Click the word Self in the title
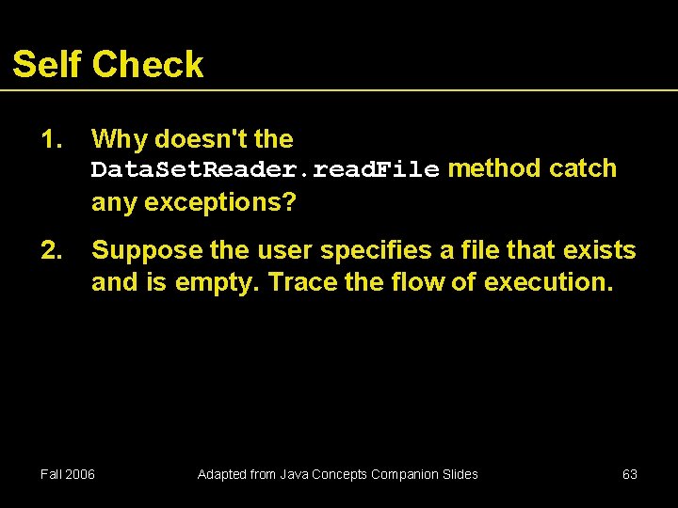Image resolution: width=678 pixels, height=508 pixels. [47, 64]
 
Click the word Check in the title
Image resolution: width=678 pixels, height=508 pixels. [148, 64]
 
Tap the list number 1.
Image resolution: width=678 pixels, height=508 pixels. [51, 139]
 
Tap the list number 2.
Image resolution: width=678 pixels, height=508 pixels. [51, 250]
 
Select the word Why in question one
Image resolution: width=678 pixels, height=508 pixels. [119, 140]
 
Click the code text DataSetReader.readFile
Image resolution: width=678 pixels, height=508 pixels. [265, 169]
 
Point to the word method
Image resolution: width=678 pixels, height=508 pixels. [494, 168]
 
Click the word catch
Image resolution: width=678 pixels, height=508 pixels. [583, 168]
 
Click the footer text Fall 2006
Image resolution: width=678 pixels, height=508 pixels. [68, 474]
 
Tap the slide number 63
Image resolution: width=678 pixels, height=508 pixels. [630, 474]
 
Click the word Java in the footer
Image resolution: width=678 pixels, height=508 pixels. [294, 474]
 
